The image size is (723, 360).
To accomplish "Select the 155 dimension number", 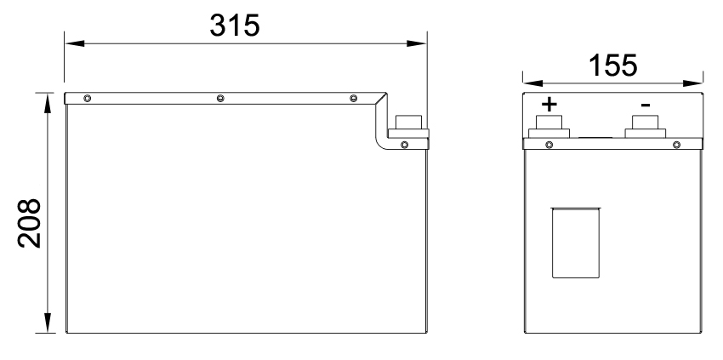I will coord(612,66).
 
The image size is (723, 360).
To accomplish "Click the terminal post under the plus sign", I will coord(550,129).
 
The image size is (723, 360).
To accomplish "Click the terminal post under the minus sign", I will coord(646,129).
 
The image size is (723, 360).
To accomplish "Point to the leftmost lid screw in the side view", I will coord(87,100).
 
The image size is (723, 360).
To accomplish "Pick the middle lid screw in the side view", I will coord(220,100).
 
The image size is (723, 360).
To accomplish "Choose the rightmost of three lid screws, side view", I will coord(353,100).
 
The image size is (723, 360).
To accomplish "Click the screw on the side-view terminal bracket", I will coord(404,144).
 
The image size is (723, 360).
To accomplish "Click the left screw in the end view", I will coord(549,144).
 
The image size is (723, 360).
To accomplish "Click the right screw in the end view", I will coord(676,144).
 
